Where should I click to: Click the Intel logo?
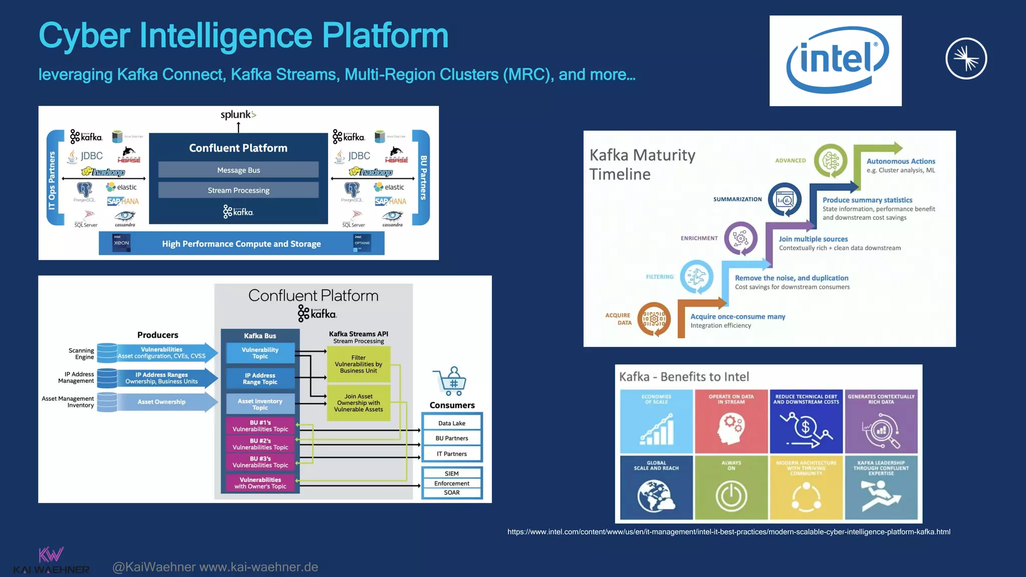click(x=835, y=60)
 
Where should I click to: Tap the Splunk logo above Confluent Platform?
click(x=238, y=115)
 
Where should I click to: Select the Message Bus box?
click(x=238, y=170)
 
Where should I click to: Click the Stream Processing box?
click(x=238, y=190)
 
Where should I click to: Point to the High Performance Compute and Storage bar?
click(x=241, y=243)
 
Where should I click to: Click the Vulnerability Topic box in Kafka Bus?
click(x=260, y=353)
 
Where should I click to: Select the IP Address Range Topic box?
click(x=260, y=379)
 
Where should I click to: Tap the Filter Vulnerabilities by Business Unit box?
click(x=358, y=364)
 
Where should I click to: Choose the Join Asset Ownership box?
click(x=358, y=403)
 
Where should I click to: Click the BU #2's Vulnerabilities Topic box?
click(x=260, y=444)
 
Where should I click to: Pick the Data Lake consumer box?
click(x=452, y=423)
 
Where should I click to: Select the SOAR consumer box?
click(x=452, y=492)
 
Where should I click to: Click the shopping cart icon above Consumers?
click(x=450, y=381)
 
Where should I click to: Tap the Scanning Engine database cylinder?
click(x=107, y=353)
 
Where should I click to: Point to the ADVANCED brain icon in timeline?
click(x=830, y=161)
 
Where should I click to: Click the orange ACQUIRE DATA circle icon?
click(x=654, y=319)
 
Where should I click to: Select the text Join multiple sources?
click(x=813, y=239)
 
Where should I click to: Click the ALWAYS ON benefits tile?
click(x=731, y=487)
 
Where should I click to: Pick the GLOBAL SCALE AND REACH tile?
click(x=656, y=487)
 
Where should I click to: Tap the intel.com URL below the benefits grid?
click(x=728, y=532)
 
